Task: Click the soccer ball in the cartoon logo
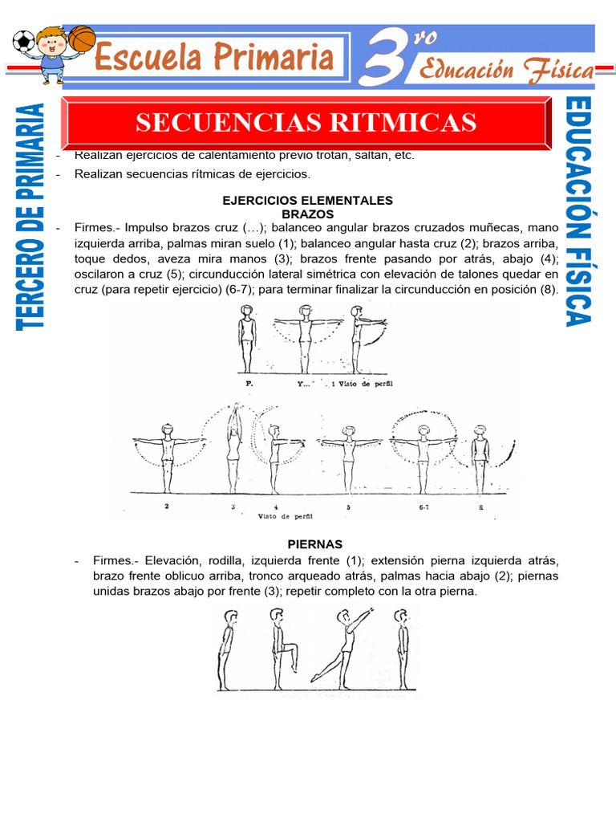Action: tap(23, 41)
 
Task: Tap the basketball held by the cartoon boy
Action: tap(81, 38)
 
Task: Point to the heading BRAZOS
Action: tap(307, 214)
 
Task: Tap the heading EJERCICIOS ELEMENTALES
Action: tap(307, 200)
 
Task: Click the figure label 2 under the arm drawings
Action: tap(166, 507)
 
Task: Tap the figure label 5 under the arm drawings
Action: tap(348, 507)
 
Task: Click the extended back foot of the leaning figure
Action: tap(314, 679)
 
